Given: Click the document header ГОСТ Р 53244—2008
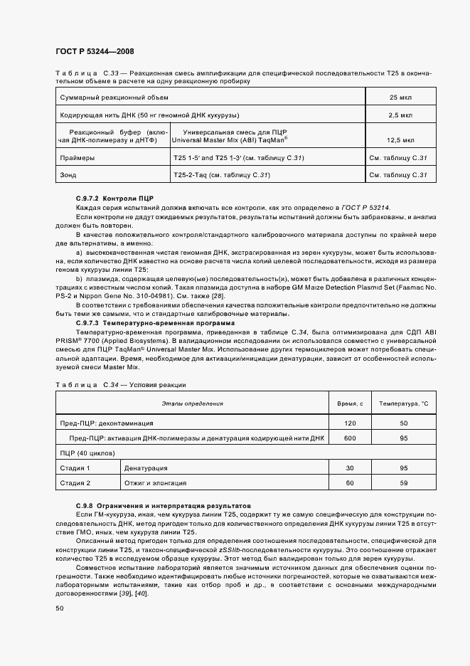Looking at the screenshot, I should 94,52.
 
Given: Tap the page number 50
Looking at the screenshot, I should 59,608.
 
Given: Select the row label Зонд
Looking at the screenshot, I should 68,174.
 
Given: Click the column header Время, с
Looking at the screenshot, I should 349,403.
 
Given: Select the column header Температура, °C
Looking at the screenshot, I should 404,403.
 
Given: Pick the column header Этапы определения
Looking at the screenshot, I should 192,403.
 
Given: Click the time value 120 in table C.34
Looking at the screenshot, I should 349,423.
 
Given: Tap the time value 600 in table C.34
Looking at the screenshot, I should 349,438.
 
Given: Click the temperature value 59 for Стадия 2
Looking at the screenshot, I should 404,483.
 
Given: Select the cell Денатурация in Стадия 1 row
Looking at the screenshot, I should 146,468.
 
